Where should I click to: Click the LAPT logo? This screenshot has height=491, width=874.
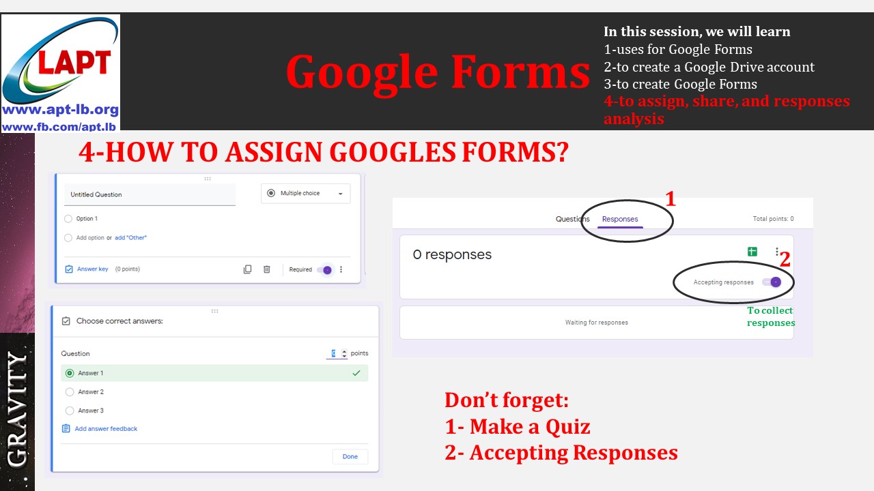click(x=61, y=72)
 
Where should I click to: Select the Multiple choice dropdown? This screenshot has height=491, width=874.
click(x=305, y=194)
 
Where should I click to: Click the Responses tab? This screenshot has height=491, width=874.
click(x=620, y=219)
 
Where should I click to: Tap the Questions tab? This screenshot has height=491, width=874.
click(x=572, y=219)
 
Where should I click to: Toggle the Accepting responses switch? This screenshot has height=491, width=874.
click(x=772, y=282)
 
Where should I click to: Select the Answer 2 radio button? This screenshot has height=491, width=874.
click(x=70, y=392)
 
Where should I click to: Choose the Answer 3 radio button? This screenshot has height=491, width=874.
click(x=70, y=411)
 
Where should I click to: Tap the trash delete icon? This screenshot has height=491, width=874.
click(x=267, y=269)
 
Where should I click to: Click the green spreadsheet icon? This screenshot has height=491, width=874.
click(x=752, y=252)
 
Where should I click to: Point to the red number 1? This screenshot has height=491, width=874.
click(x=670, y=199)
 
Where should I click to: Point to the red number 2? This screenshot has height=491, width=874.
click(x=785, y=260)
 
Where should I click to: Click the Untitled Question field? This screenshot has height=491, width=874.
click(x=149, y=195)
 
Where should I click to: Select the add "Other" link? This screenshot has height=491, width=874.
click(x=130, y=238)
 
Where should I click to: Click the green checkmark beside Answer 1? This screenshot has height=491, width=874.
click(x=356, y=373)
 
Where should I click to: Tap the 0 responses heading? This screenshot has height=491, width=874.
click(x=452, y=255)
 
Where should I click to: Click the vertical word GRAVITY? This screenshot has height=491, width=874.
click(x=17, y=409)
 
